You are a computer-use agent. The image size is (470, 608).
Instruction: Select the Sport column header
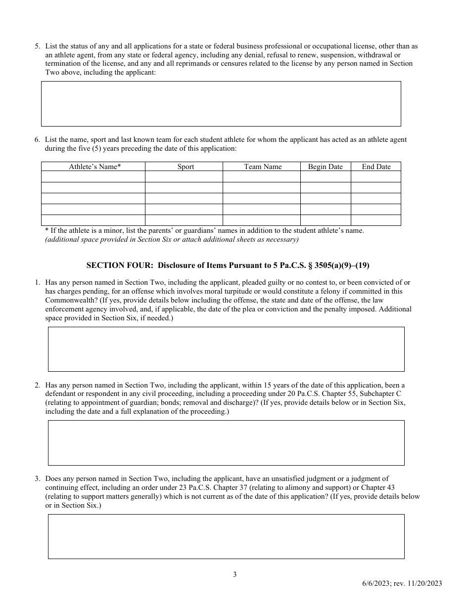point(186,167)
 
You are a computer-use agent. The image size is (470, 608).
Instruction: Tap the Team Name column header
point(263,167)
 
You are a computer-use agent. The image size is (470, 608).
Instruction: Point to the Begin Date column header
point(325,167)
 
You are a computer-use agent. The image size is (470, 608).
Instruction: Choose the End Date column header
point(376,167)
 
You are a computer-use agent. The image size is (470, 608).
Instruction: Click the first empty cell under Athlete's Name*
point(93,177)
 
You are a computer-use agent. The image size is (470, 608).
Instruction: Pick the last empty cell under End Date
point(376,220)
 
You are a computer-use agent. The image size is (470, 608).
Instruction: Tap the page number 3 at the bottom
point(235,574)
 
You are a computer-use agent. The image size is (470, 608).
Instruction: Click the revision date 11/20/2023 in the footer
point(423,583)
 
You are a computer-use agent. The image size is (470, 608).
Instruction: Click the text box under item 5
point(221,104)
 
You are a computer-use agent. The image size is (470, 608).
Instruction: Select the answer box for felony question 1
point(226,349)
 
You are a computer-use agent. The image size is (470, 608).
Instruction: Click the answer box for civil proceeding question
point(226,443)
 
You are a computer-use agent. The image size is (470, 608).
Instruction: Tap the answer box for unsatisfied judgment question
point(226,536)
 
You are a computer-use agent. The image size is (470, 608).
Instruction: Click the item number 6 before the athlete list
point(37,140)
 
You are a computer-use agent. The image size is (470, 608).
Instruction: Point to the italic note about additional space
point(172,240)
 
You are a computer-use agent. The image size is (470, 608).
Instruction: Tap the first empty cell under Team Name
point(261,177)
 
